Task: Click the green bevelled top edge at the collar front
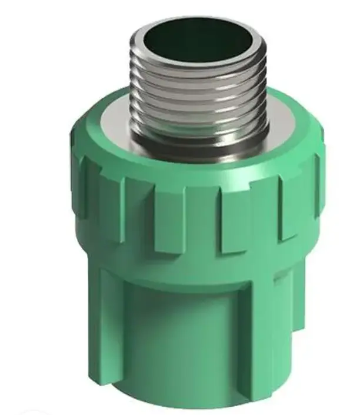tap(194, 171)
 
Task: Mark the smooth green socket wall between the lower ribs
tap(188, 341)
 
